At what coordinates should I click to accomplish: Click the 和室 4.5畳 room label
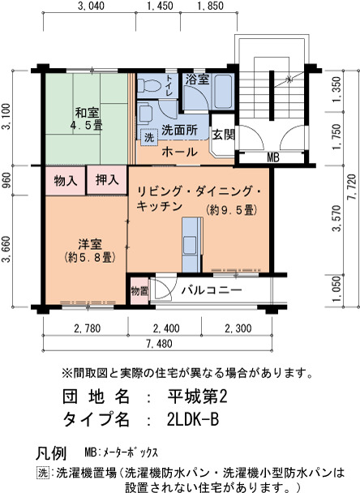coord(86,118)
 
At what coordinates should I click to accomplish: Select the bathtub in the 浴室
coord(223,91)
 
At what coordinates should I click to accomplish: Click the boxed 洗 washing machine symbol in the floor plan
coord(149,137)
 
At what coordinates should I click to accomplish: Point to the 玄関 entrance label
coord(223,135)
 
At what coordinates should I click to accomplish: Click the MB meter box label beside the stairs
coord(272,157)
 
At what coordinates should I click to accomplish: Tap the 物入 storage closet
coord(66,181)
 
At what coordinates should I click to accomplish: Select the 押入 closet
coord(107,180)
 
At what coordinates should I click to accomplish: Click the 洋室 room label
coord(90,244)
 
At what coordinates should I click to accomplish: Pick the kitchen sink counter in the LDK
coord(192,244)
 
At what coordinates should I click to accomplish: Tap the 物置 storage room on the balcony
coord(139,290)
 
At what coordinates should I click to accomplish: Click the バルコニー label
coord(212,289)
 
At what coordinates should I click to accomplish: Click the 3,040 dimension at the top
coord(91,6)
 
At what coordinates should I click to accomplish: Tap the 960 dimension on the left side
coord(6,180)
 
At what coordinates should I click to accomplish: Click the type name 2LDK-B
coord(193,419)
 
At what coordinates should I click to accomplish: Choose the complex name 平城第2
coord(197,397)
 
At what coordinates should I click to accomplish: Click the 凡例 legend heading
coord(51,453)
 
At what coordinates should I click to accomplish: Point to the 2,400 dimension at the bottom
coord(166,328)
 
